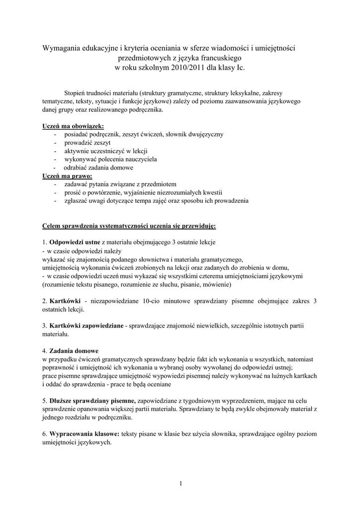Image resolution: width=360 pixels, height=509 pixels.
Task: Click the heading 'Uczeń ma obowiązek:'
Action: point(73,126)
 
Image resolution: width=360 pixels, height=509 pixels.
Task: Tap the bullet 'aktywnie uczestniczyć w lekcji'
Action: point(106,151)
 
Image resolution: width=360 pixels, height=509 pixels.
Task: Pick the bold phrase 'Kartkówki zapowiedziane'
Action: point(87,326)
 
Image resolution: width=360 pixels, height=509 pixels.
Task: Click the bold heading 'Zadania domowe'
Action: point(74,350)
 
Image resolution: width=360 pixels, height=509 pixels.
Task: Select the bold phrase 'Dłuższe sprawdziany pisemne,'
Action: point(92,400)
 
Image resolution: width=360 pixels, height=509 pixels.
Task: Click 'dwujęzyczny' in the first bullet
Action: point(206,134)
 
